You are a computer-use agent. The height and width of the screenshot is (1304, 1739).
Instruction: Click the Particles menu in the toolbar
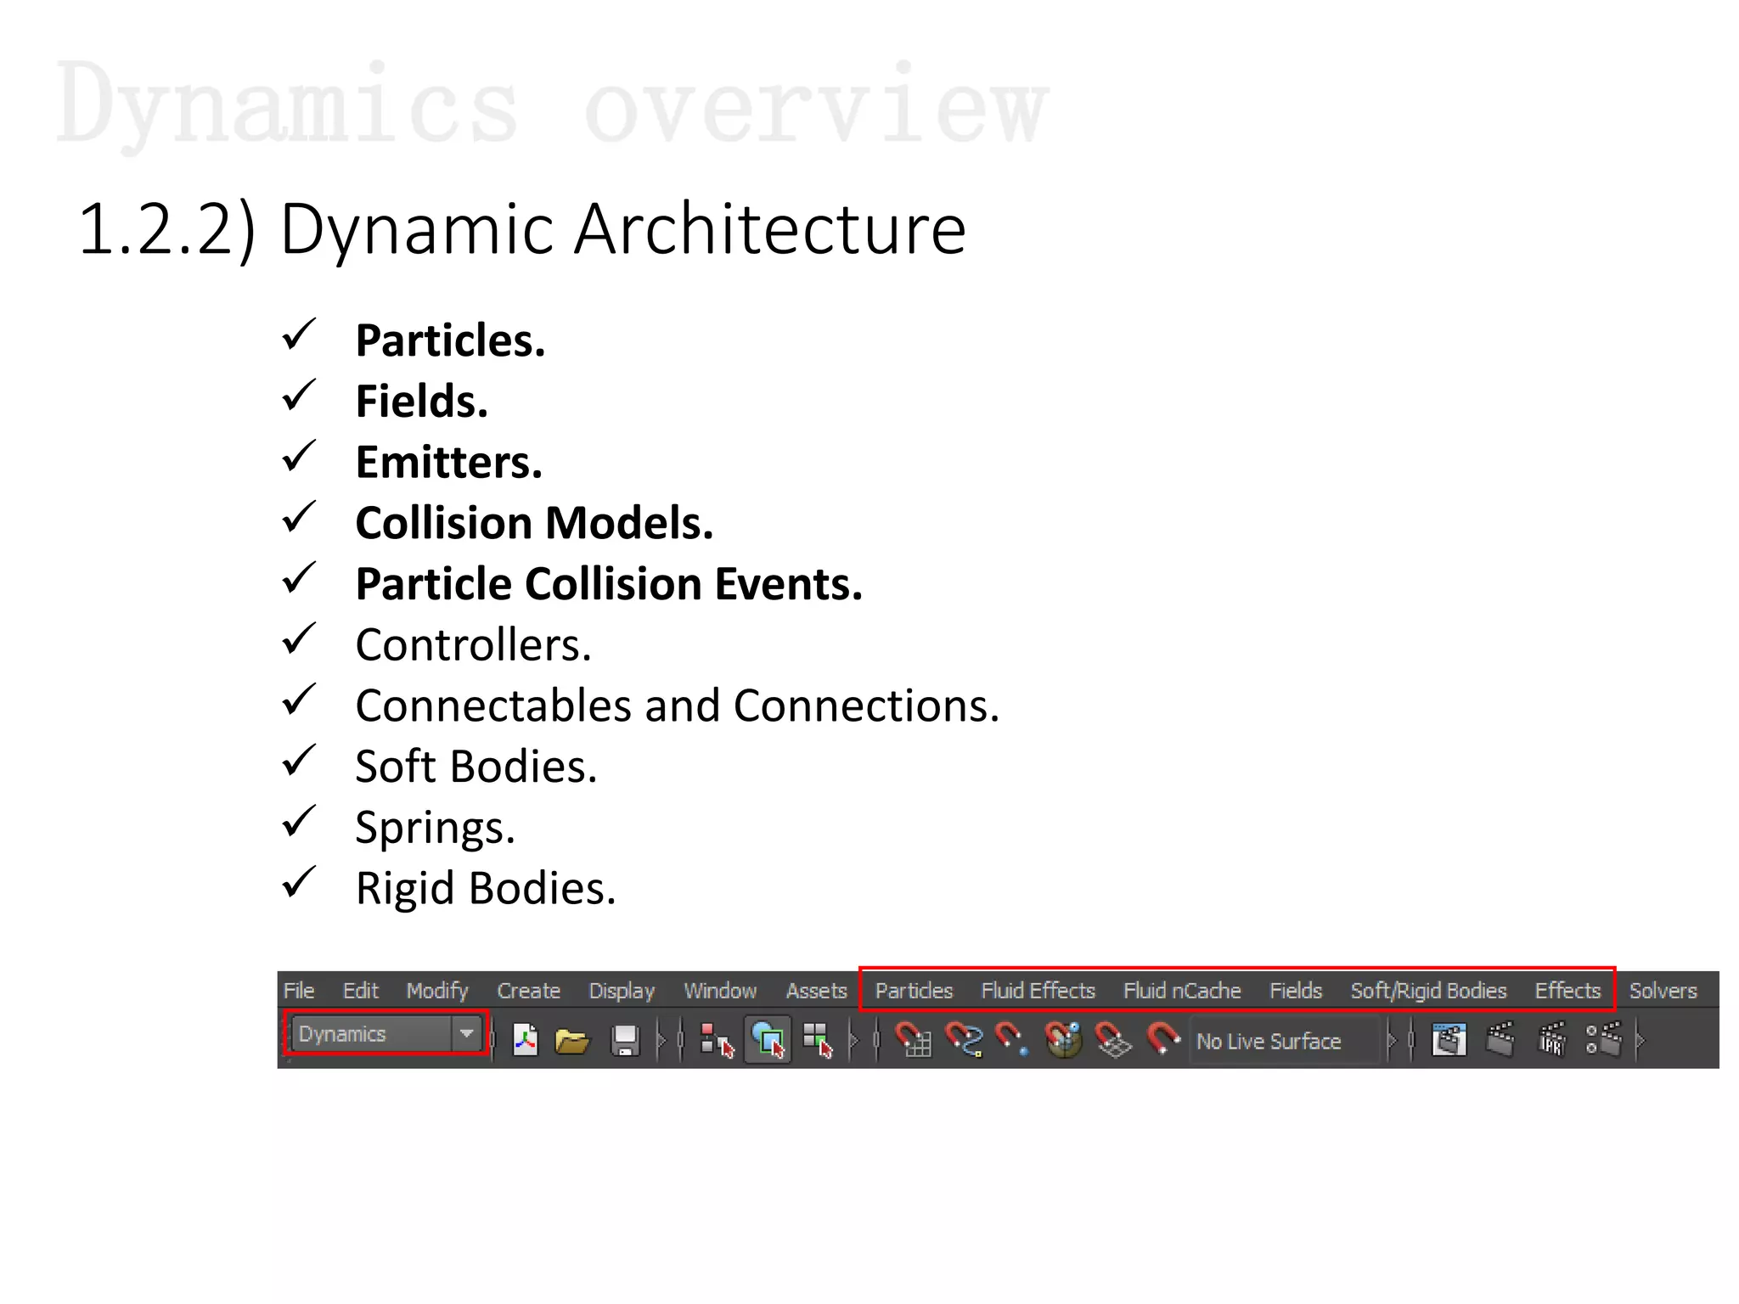[x=914, y=991]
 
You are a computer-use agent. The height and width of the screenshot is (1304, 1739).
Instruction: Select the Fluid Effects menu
[x=1038, y=991]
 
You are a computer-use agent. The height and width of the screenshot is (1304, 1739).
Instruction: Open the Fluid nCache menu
[x=1182, y=991]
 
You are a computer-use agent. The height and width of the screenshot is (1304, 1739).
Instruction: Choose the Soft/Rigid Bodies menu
[x=1428, y=991]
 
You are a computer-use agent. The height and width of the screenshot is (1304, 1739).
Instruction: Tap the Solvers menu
[x=1663, y=991]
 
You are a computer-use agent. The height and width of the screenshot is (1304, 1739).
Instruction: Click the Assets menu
[x=816, y=991]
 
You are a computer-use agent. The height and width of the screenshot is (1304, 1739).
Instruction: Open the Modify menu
[x=437, y=991]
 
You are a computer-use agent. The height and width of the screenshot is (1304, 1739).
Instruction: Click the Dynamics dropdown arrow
[x=466, y=1033]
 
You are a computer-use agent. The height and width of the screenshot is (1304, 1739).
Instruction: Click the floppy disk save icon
[x=626, y=1040]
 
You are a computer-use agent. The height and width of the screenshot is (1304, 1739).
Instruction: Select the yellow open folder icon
[x=571, y=1040]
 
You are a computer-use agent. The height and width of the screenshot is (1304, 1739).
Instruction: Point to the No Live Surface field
[x=1269, y=1041]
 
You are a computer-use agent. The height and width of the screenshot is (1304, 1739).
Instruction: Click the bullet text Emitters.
[x=448, y=463]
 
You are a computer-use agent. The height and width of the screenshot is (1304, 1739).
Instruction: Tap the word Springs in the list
[x=435, y=828]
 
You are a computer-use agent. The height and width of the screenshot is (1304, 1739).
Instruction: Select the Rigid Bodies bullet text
[x=485, y=889]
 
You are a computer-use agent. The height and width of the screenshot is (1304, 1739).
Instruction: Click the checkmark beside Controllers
[x=299, y=640]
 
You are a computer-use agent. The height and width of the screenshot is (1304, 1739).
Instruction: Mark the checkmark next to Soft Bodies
[x=299, y=762]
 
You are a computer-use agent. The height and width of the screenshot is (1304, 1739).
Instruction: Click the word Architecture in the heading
[x=769, y=229]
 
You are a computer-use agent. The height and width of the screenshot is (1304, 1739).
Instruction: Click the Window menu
[x=720, y=991]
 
